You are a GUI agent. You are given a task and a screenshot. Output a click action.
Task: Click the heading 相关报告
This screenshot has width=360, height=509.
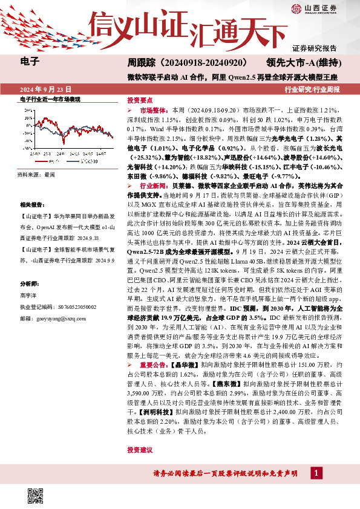tap(31, 205)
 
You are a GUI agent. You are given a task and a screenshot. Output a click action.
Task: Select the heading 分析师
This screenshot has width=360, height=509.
tap(29, 283)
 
